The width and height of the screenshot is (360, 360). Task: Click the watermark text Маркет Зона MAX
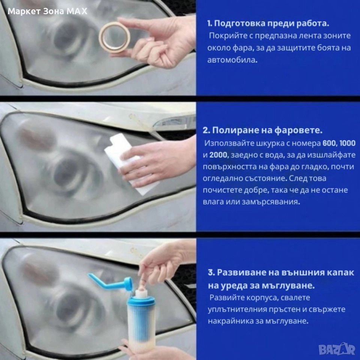[47, 11]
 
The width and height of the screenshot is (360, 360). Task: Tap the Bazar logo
[337, 349]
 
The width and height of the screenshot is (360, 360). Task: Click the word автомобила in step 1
[232, 60]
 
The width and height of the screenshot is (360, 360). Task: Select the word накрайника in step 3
[231, 321]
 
